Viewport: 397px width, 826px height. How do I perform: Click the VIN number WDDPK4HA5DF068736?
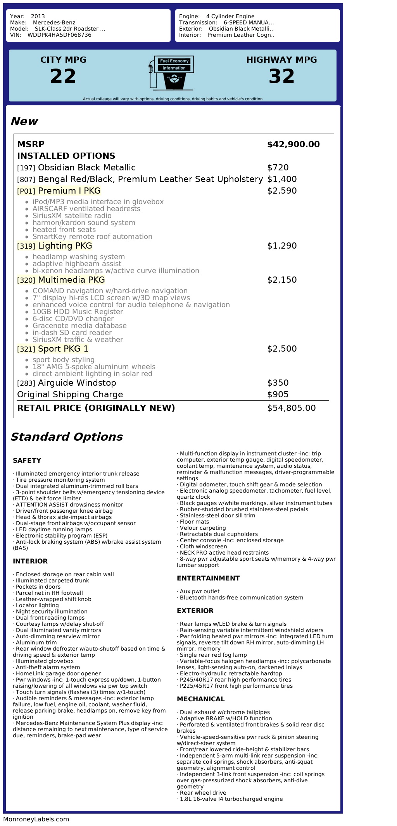[59, 35]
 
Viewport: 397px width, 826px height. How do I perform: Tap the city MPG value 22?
[63, 76]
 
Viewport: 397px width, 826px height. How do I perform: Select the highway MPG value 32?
[281, 76]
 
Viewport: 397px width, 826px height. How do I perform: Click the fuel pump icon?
[171, 73]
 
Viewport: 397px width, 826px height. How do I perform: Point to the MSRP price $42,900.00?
[293, 144]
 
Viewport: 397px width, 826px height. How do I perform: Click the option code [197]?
[26, 168]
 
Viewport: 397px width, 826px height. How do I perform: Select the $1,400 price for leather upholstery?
[282, 179]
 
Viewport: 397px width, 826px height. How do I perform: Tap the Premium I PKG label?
[69, 191]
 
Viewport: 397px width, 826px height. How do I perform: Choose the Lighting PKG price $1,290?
[282, 246]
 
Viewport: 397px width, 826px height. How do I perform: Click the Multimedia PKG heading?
[71, 280]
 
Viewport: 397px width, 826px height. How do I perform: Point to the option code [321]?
[26, 349]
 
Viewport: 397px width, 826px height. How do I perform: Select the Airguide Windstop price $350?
[278, 383]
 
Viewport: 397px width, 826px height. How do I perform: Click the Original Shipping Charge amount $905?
[278, 395]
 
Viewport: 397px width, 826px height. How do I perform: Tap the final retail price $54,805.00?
[291, 408]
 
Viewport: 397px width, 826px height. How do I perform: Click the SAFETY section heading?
[27, 460]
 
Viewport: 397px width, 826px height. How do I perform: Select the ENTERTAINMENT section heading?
[208, 578]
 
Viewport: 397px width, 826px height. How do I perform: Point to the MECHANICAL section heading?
[200, 699]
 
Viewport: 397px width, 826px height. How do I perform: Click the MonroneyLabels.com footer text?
[36, 819]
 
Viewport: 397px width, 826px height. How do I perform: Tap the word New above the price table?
[24, 121]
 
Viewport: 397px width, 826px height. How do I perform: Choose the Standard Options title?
[66, 437]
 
